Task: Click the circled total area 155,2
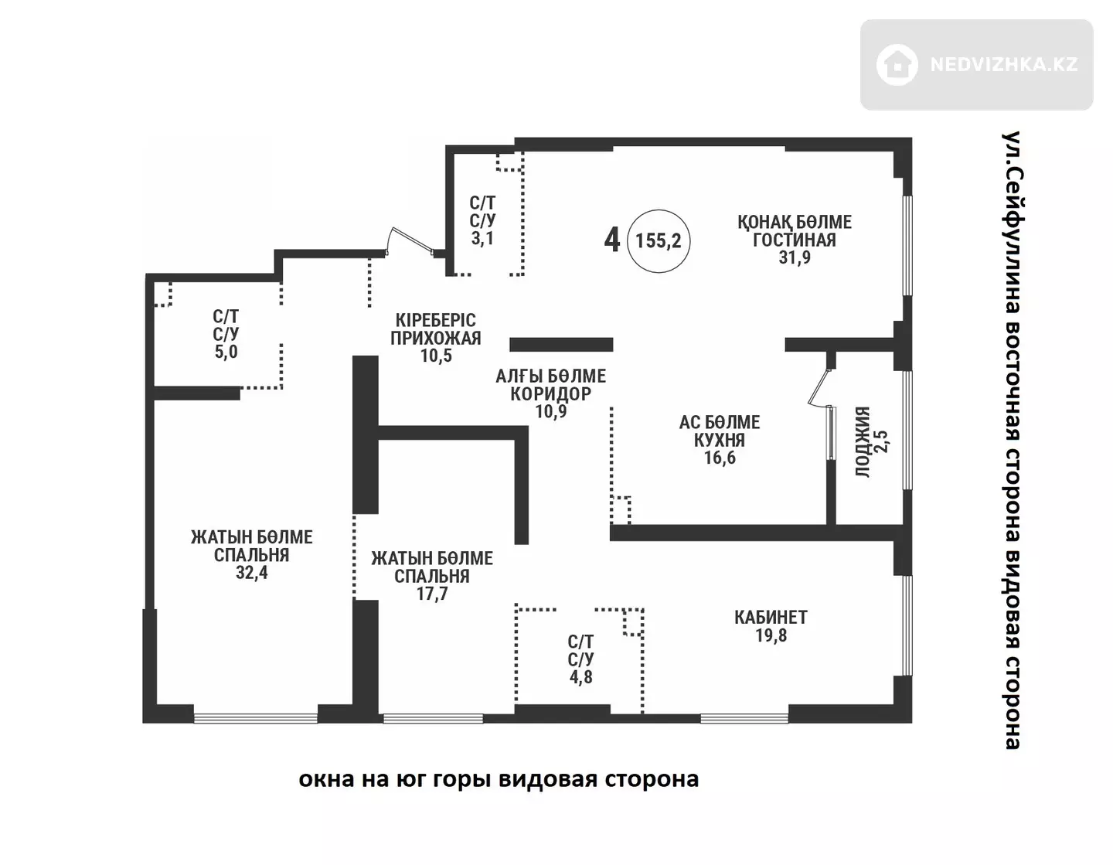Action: tap(659, 240)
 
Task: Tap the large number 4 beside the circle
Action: tap(612, 240)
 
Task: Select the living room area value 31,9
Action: tap(795, 257)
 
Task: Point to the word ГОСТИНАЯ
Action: tap(795, 240)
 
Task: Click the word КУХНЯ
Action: tap(720, 440)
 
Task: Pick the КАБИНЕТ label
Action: tap(771, 618)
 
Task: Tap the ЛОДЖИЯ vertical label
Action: tap(863, 442)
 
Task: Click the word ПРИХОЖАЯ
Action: tap(436, 338)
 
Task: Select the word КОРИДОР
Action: tap(550, 393)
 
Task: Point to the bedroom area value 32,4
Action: tap(251, 573)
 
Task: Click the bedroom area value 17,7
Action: tap(432, 594)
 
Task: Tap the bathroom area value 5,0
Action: tap(226, 352)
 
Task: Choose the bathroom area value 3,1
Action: tap(482, 238)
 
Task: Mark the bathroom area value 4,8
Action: tap(580, 677)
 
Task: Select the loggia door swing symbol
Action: tap(819, 388)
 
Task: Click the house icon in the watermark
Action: tap(897, 64)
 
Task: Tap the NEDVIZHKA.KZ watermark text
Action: tap(1004, 64)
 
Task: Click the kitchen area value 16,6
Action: tap(720, 458)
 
